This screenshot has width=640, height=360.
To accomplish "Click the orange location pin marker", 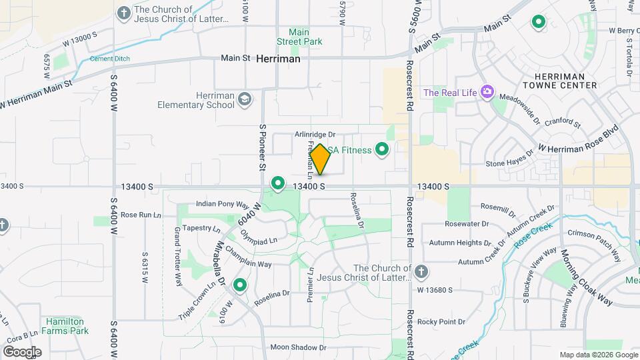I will point(320,159).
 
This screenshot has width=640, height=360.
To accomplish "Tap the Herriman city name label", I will point(278,59).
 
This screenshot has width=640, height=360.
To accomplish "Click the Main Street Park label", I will point(305,37).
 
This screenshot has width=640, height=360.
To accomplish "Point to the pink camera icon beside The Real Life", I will point(487,92).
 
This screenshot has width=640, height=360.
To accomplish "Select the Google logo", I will point(21,351).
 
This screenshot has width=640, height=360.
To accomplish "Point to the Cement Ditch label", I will point(110,59).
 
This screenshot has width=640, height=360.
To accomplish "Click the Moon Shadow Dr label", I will point(297,347).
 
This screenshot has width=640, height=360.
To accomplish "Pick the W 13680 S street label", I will point(435,290).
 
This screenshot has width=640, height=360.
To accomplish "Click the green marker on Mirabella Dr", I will point(239,286).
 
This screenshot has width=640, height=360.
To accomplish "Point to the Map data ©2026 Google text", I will point(597,355).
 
